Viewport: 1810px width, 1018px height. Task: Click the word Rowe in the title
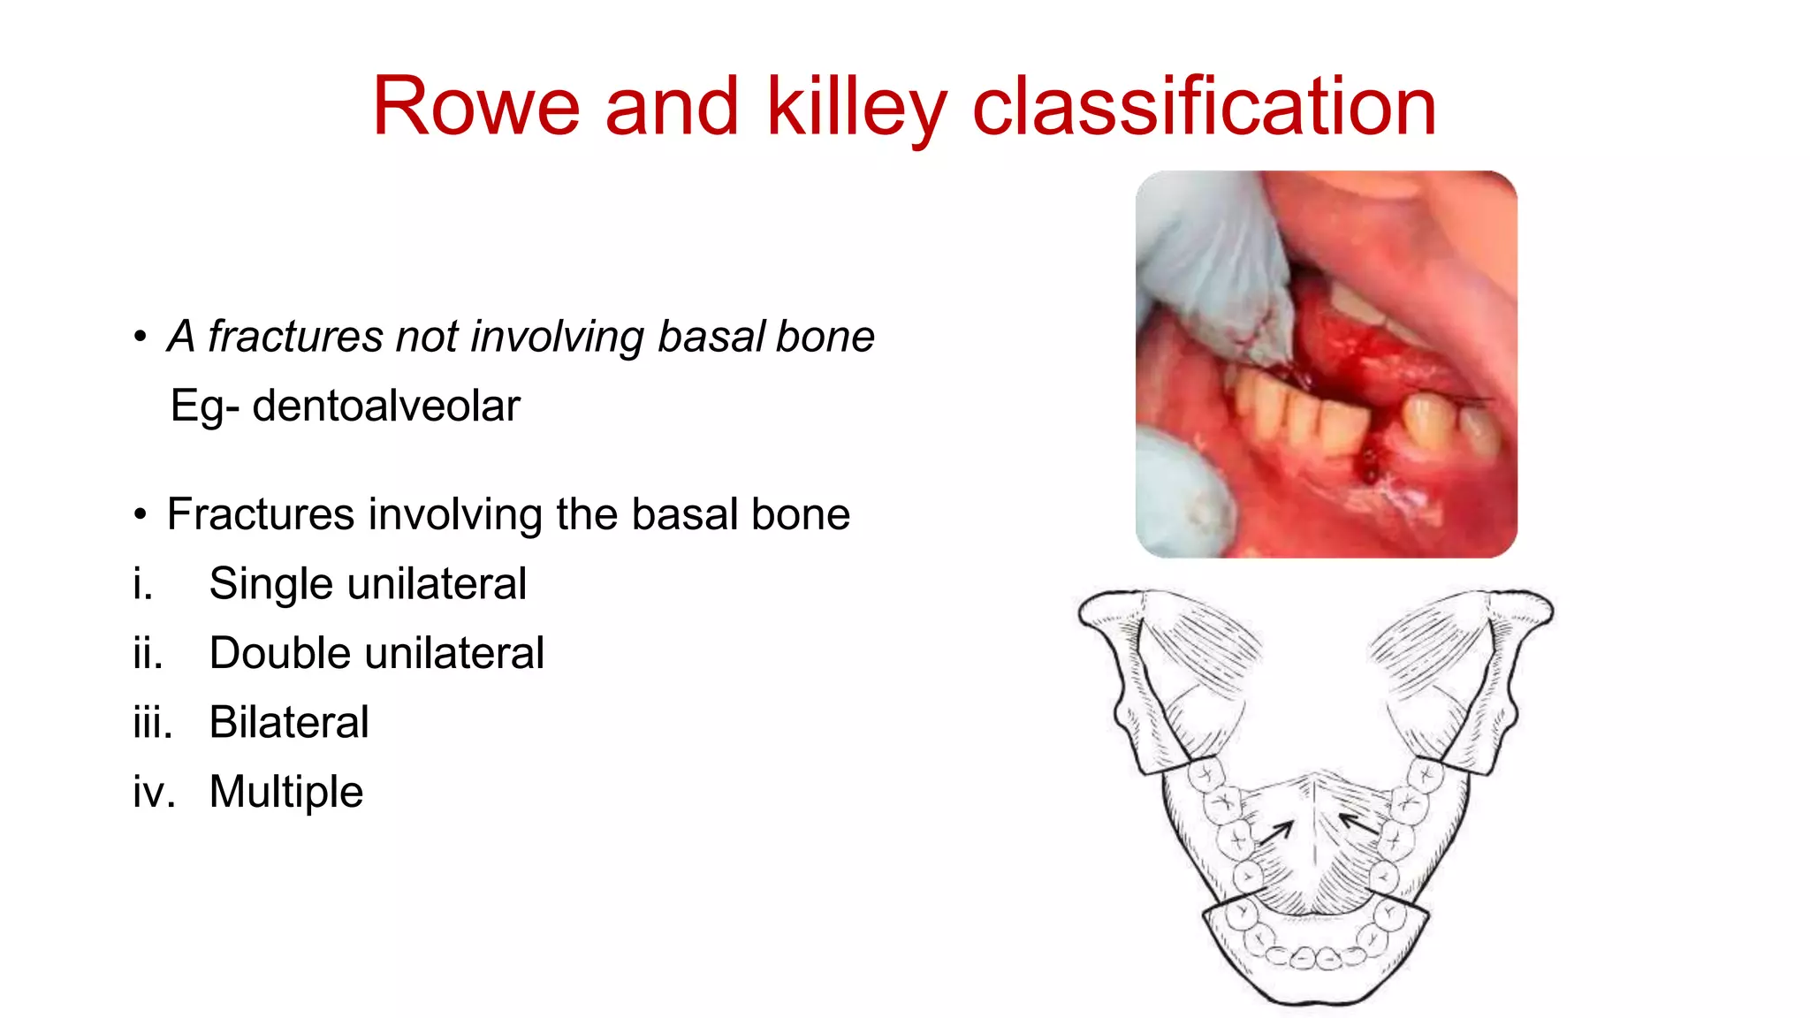475,107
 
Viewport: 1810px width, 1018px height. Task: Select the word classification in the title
1204,107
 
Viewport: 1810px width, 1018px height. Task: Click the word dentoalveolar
386,407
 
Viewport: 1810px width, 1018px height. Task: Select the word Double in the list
278,654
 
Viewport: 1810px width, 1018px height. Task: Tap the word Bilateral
289,723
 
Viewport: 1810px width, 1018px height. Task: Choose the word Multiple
286,792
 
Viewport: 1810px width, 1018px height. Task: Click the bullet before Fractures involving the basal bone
140,514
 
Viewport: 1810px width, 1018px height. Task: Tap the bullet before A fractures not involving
140,337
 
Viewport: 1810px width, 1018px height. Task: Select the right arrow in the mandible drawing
1359,824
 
